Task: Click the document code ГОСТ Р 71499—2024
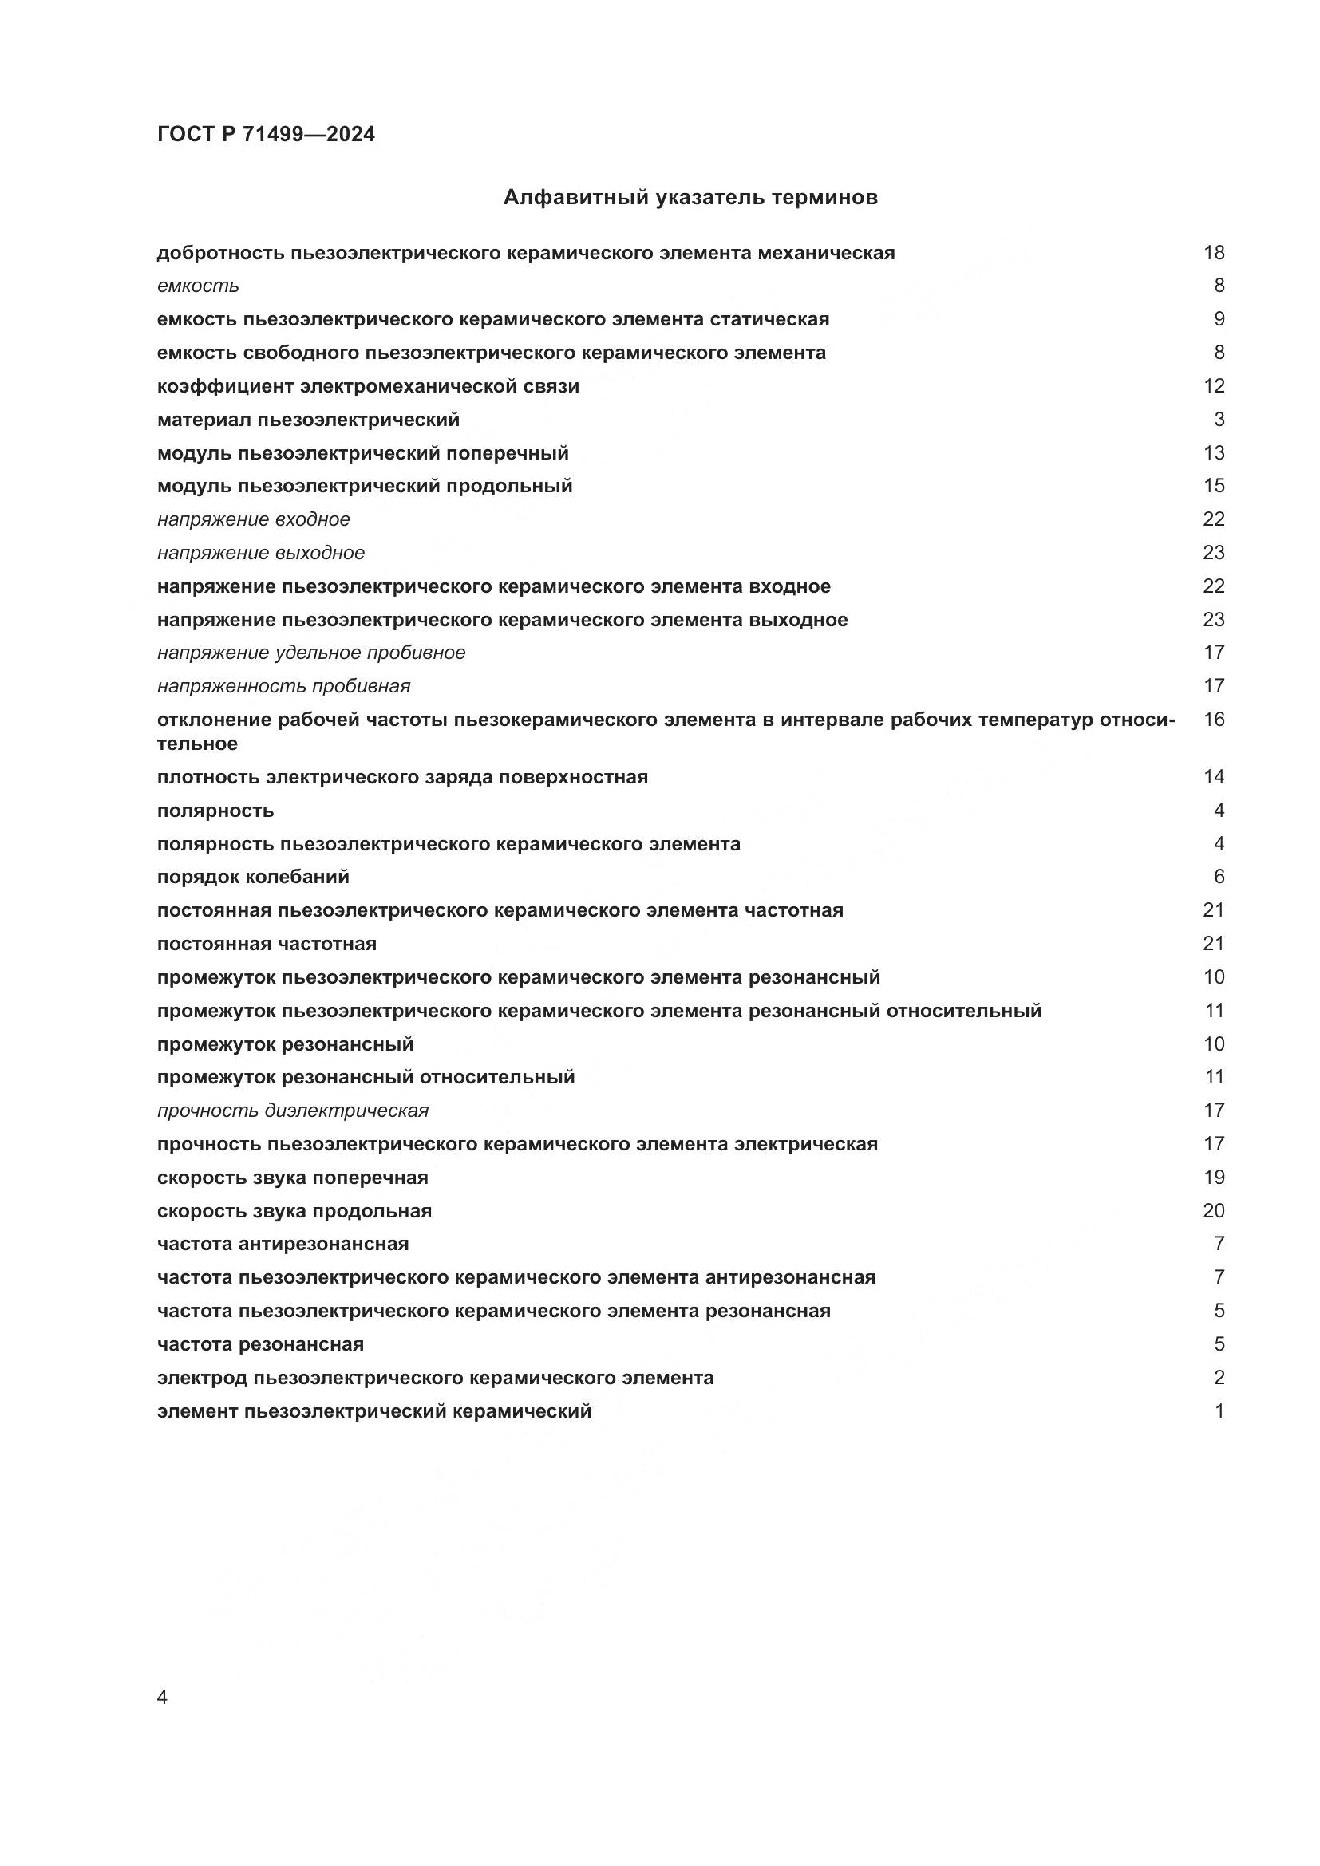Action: (266, 135)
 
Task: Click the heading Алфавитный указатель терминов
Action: (690, 198)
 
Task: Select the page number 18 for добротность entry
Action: (1213, 253)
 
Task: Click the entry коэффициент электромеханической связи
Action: (367, 386)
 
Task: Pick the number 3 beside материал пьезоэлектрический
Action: (1219, 420)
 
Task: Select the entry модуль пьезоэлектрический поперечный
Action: (362, 452)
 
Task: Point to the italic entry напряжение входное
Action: (254, 519)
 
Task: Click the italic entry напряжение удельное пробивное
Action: (311, 653)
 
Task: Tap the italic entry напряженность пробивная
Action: (283, 687)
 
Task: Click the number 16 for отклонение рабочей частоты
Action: (1213, 720)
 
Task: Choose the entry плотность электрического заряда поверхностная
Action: (402, 777)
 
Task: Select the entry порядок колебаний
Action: (253, 877)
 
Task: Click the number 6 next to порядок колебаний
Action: (1219, 877)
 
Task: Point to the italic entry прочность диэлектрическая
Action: (293, 1111)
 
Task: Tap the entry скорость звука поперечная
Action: (293, 1178)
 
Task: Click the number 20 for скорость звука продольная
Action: (1213, 1211)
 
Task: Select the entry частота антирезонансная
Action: (283, 1245)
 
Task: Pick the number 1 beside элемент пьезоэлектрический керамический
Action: (1219, 1412)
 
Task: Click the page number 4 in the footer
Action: (162, 1698)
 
